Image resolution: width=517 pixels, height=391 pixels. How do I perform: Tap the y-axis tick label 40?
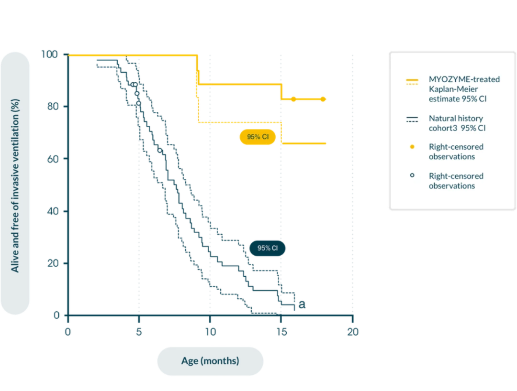(x=53, y=211)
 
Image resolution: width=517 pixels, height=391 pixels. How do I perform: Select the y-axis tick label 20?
(x=53, y=263)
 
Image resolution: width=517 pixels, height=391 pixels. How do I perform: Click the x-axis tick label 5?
(x=138, y=331)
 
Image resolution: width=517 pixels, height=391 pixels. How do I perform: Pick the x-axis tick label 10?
(x=209, y=331)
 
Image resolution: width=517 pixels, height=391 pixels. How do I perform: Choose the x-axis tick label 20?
(x=353, y=331)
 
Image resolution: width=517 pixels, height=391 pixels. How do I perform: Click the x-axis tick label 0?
(x=68, y=331)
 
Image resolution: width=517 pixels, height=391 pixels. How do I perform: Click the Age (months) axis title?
(x=210, y=361)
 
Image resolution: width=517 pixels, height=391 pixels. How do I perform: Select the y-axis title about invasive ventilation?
(x=15, y=183)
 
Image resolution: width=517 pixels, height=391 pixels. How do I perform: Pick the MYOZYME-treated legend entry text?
(x=464, y=89)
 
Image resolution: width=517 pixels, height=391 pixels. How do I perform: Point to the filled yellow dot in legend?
(x=412, y=147)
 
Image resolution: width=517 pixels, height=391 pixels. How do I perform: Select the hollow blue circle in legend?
(x=412, y=175)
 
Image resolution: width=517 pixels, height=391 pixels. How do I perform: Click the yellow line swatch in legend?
(x=412, y=81)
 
